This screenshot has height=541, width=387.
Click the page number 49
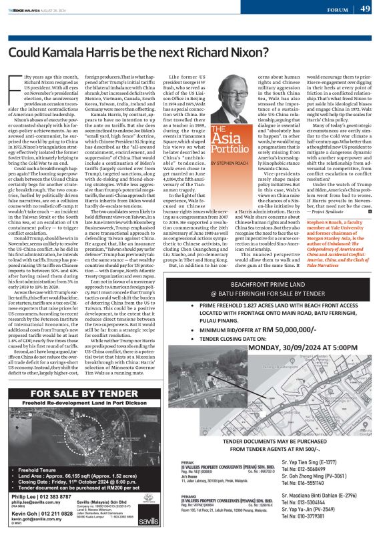(366, 9)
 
